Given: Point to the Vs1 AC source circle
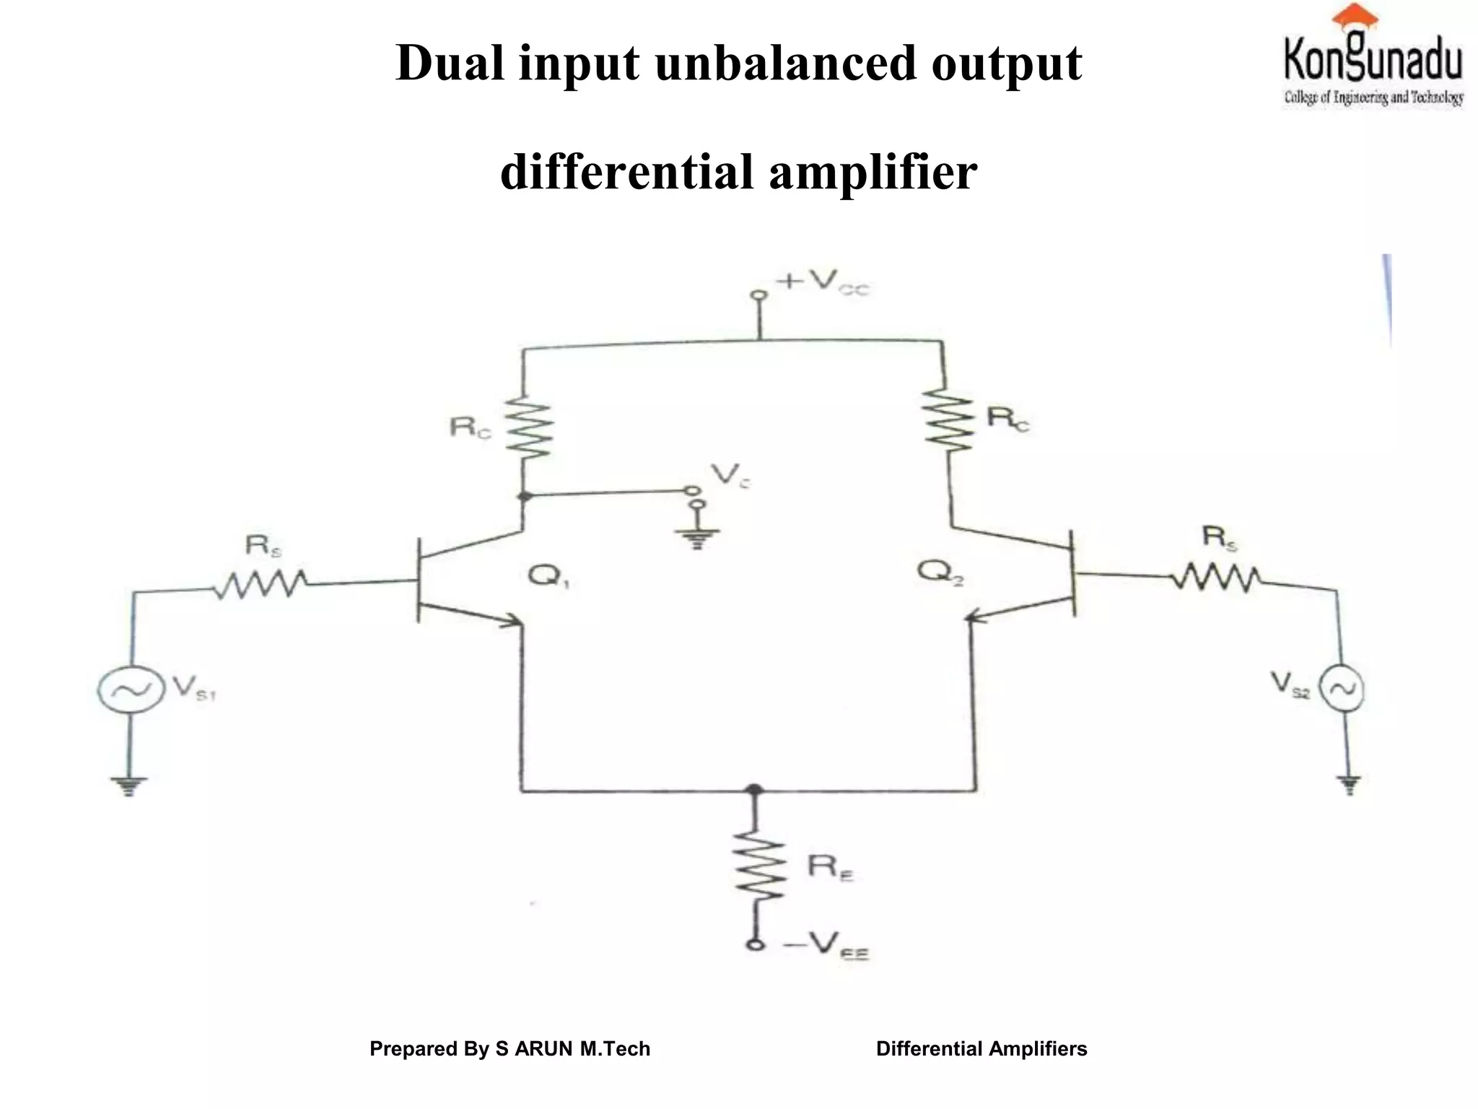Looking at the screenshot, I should pos(127,690).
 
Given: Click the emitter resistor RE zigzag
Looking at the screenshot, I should pos(758,867).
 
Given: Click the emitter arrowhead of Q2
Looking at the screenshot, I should pos(975,617).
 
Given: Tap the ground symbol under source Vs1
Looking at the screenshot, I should pos(128,785).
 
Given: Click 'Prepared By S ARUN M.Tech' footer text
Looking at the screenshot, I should pos(510,1048).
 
